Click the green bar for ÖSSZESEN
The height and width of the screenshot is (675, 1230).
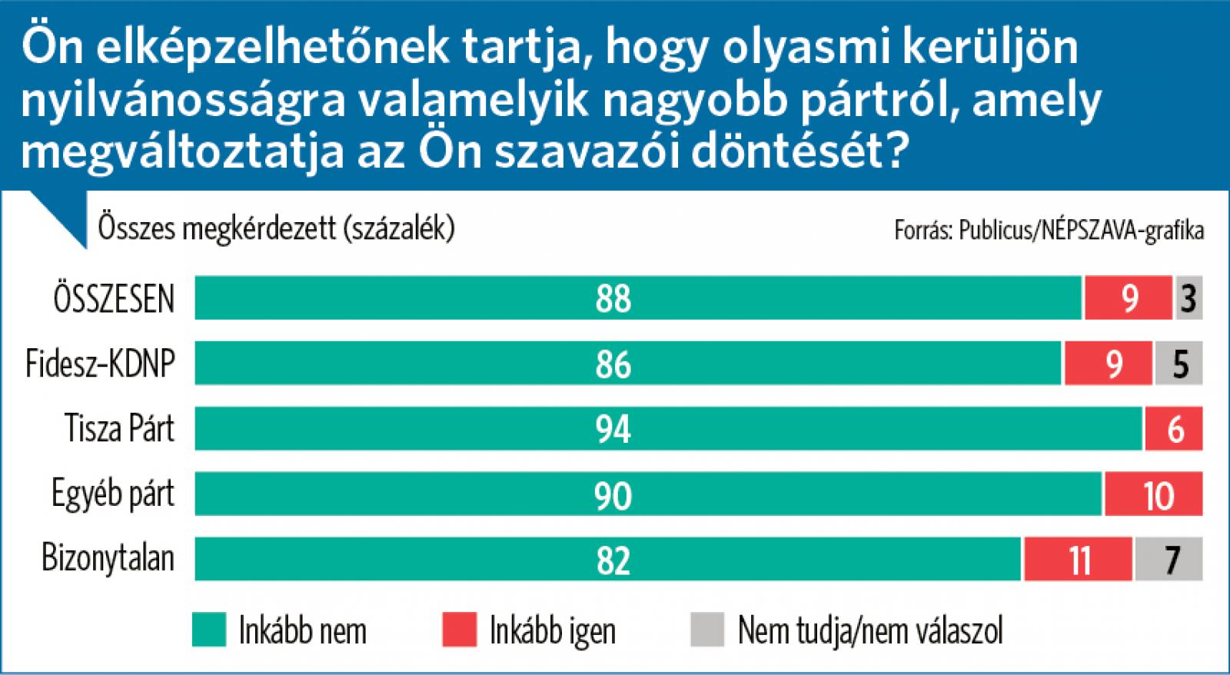point(638,298)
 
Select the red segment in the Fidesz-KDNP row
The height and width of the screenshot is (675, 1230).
point(1109,363)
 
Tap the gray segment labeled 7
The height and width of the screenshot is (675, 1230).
point(1168,559)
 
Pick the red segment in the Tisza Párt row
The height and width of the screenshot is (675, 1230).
point(1173,428)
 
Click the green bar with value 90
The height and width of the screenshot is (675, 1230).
point(648,494)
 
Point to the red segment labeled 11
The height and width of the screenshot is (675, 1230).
point(1077,559)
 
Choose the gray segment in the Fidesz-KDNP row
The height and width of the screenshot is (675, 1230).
point(1178,363)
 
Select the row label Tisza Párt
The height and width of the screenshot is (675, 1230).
point(119,428)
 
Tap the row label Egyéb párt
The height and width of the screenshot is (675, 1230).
point(112,494)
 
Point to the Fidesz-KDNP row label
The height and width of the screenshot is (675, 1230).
point(100,363)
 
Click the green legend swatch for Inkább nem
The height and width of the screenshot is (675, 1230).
point(208,630)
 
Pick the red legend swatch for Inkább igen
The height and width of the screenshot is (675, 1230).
point(459,630)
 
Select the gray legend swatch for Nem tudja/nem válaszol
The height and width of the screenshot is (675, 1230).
point(707,630)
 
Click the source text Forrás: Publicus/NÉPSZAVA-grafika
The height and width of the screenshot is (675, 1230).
point(1049,230)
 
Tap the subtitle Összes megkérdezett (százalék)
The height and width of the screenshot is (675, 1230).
point(276,228)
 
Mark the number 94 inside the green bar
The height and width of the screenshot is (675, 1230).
point(613,429)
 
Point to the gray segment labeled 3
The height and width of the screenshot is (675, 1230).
point(1188,298)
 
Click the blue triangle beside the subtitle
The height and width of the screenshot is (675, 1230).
point(61,215)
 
